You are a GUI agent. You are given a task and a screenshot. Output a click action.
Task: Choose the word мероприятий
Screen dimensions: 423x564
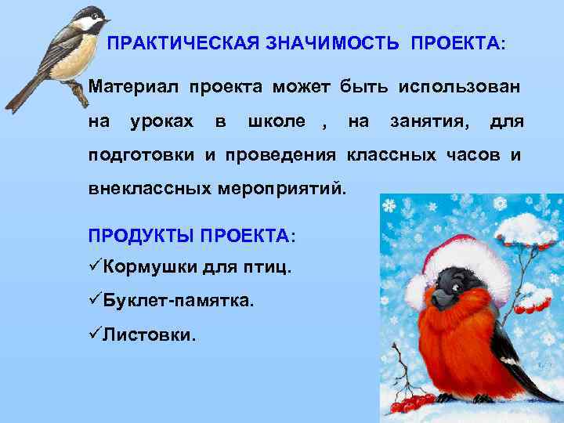pyautogui.click(x=295, y=189)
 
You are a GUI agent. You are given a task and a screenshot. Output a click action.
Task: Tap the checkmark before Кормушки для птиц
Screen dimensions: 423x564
pyautogui.click(x=95, y=266)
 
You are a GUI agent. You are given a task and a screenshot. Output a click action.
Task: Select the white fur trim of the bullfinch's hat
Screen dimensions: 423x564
pyautogui.click(x=470, y=258)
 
